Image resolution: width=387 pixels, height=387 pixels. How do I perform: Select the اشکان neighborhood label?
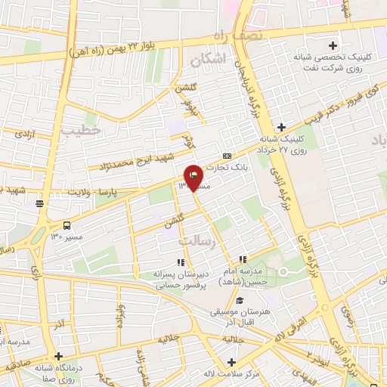click(x=209, y=58)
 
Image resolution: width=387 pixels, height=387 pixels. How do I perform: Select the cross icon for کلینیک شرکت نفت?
click(x=333, y=45)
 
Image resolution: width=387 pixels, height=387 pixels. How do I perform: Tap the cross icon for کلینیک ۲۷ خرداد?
click(x=282, y=127)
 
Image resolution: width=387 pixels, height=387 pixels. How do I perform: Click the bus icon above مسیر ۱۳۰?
click(x=67, y=224)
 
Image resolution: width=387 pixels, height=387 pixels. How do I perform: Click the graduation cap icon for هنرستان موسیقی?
click(x=240, y=301)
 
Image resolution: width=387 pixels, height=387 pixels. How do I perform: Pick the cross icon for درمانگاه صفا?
click(x=59, y=356)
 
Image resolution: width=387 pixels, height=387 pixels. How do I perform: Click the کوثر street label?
click(x=188, y=140)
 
